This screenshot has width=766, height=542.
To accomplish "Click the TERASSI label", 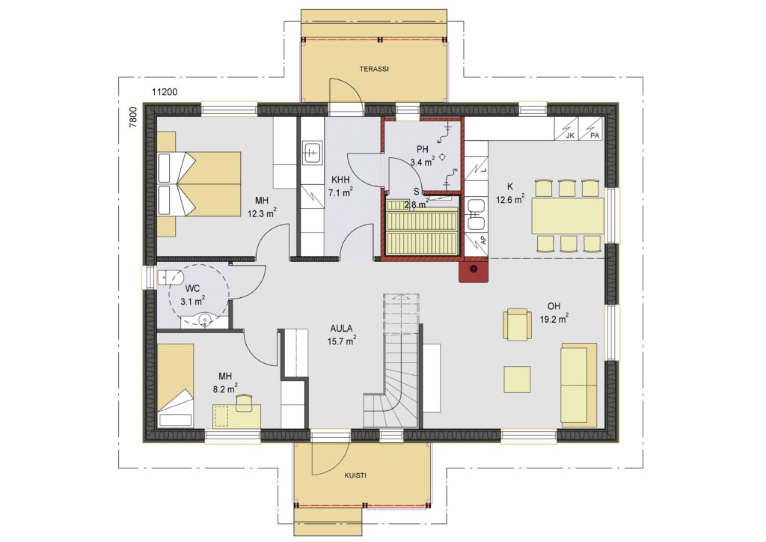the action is point(374,70).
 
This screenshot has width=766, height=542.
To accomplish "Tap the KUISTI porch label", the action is point(355,475).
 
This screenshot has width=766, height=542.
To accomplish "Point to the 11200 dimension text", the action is point(165,92).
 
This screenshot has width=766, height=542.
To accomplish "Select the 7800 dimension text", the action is point(133,118).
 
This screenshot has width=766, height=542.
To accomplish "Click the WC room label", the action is point(193,289).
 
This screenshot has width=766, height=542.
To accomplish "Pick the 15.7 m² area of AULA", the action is point(341,341).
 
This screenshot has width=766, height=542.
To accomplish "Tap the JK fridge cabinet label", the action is point(570,135).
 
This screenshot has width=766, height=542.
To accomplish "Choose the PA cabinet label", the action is point(595,135).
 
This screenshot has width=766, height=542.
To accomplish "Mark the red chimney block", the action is point(474,270).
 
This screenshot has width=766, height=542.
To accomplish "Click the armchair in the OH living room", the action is point(518,324).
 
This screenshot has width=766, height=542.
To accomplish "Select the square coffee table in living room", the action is point(518,380).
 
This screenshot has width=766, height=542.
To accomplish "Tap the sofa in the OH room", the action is point(579,383).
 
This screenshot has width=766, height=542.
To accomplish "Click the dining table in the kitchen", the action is point(568,216).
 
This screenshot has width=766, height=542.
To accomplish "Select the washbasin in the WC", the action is point(205,320).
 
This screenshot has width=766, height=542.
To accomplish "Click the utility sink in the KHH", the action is point(311,153).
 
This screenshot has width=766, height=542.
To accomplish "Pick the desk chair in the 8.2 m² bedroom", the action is point(244,403).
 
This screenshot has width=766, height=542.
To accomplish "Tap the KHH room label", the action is point(340,180).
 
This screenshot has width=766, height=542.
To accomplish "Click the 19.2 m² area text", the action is point(554,320).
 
